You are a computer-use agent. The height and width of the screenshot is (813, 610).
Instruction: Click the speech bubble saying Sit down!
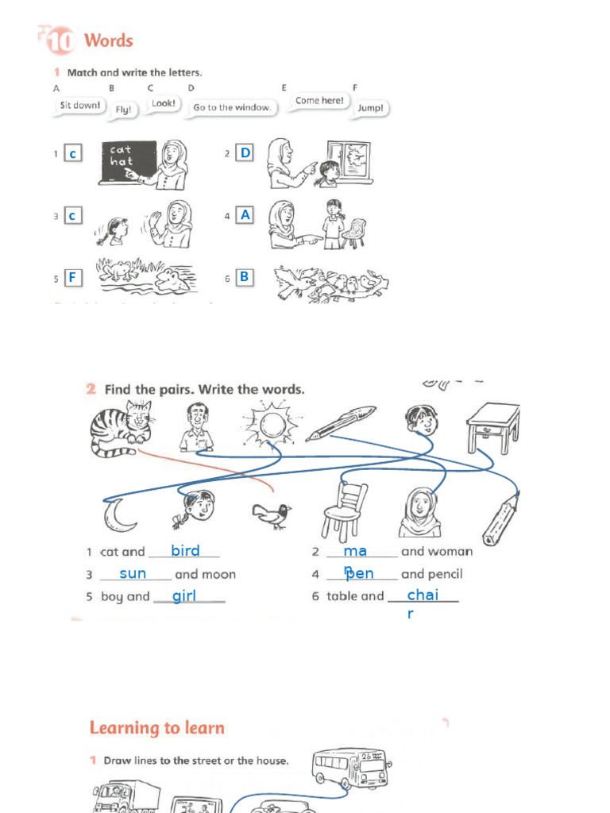click(80, 106)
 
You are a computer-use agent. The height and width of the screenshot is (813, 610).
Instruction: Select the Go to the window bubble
click(232, 107)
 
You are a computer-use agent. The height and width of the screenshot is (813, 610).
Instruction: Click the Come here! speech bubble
click(319, 102)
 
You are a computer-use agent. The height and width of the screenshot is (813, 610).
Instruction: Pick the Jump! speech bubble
click(370, 108)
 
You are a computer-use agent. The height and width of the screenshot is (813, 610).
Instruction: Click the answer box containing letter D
click(245, 152)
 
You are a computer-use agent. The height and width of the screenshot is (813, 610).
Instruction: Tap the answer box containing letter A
click(245, 214)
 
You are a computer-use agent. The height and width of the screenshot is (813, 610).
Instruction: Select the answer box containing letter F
click(72, 277)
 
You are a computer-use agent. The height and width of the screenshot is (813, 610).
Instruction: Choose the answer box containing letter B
click(245, 276)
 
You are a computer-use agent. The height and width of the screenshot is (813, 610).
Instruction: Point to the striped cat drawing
click(121, 429)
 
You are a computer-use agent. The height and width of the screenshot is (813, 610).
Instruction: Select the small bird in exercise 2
click(271, 515)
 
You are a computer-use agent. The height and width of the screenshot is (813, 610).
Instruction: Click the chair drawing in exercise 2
click(345, 512)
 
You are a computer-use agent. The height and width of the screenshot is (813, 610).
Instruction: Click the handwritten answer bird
click(185, 550)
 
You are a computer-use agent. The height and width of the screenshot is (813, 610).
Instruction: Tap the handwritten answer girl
click(184, 595)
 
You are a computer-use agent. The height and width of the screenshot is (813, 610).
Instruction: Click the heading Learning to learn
click(156, 728)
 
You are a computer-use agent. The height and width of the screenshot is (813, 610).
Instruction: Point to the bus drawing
click(349, 767)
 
